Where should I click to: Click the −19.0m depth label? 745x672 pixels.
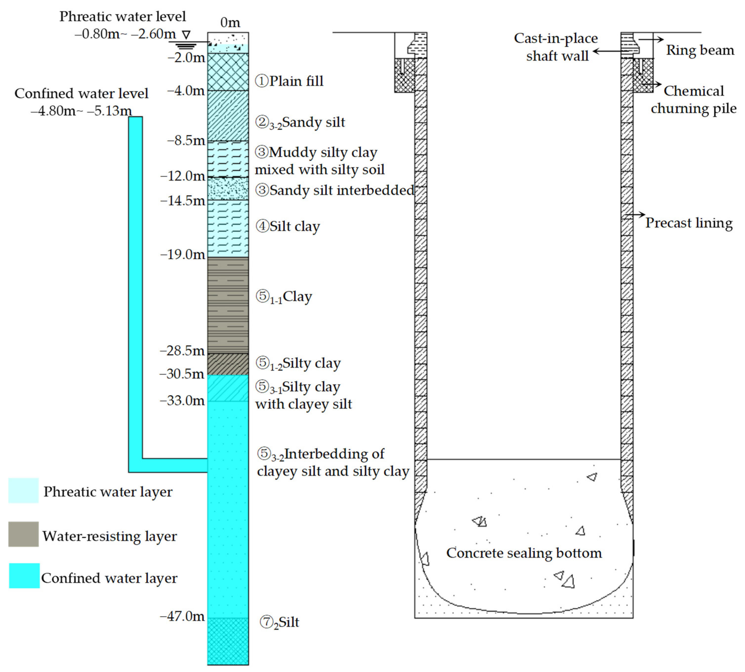click(183, 254)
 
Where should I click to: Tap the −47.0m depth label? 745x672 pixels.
click(182, 616)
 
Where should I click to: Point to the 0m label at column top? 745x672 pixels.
click(230, 22)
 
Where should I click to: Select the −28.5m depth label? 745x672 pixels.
click(182, 350)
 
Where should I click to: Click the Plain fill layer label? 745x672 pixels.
click(289, 81)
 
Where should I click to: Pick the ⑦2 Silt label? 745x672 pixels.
click(279, 622)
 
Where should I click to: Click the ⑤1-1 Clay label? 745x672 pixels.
click(284, 296)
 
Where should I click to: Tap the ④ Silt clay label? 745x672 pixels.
click(288, 226)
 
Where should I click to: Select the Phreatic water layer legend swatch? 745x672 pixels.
click(23, 490)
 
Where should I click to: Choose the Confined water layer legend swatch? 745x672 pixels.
click(24, 576)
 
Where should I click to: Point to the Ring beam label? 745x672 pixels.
click(700, 50)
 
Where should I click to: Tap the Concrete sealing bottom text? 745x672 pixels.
click(524, 553)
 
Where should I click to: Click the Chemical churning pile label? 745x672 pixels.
click(693, 100)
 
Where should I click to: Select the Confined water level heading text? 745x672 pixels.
click(81, 94)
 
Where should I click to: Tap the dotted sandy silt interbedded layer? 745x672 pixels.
click(228, 189)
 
